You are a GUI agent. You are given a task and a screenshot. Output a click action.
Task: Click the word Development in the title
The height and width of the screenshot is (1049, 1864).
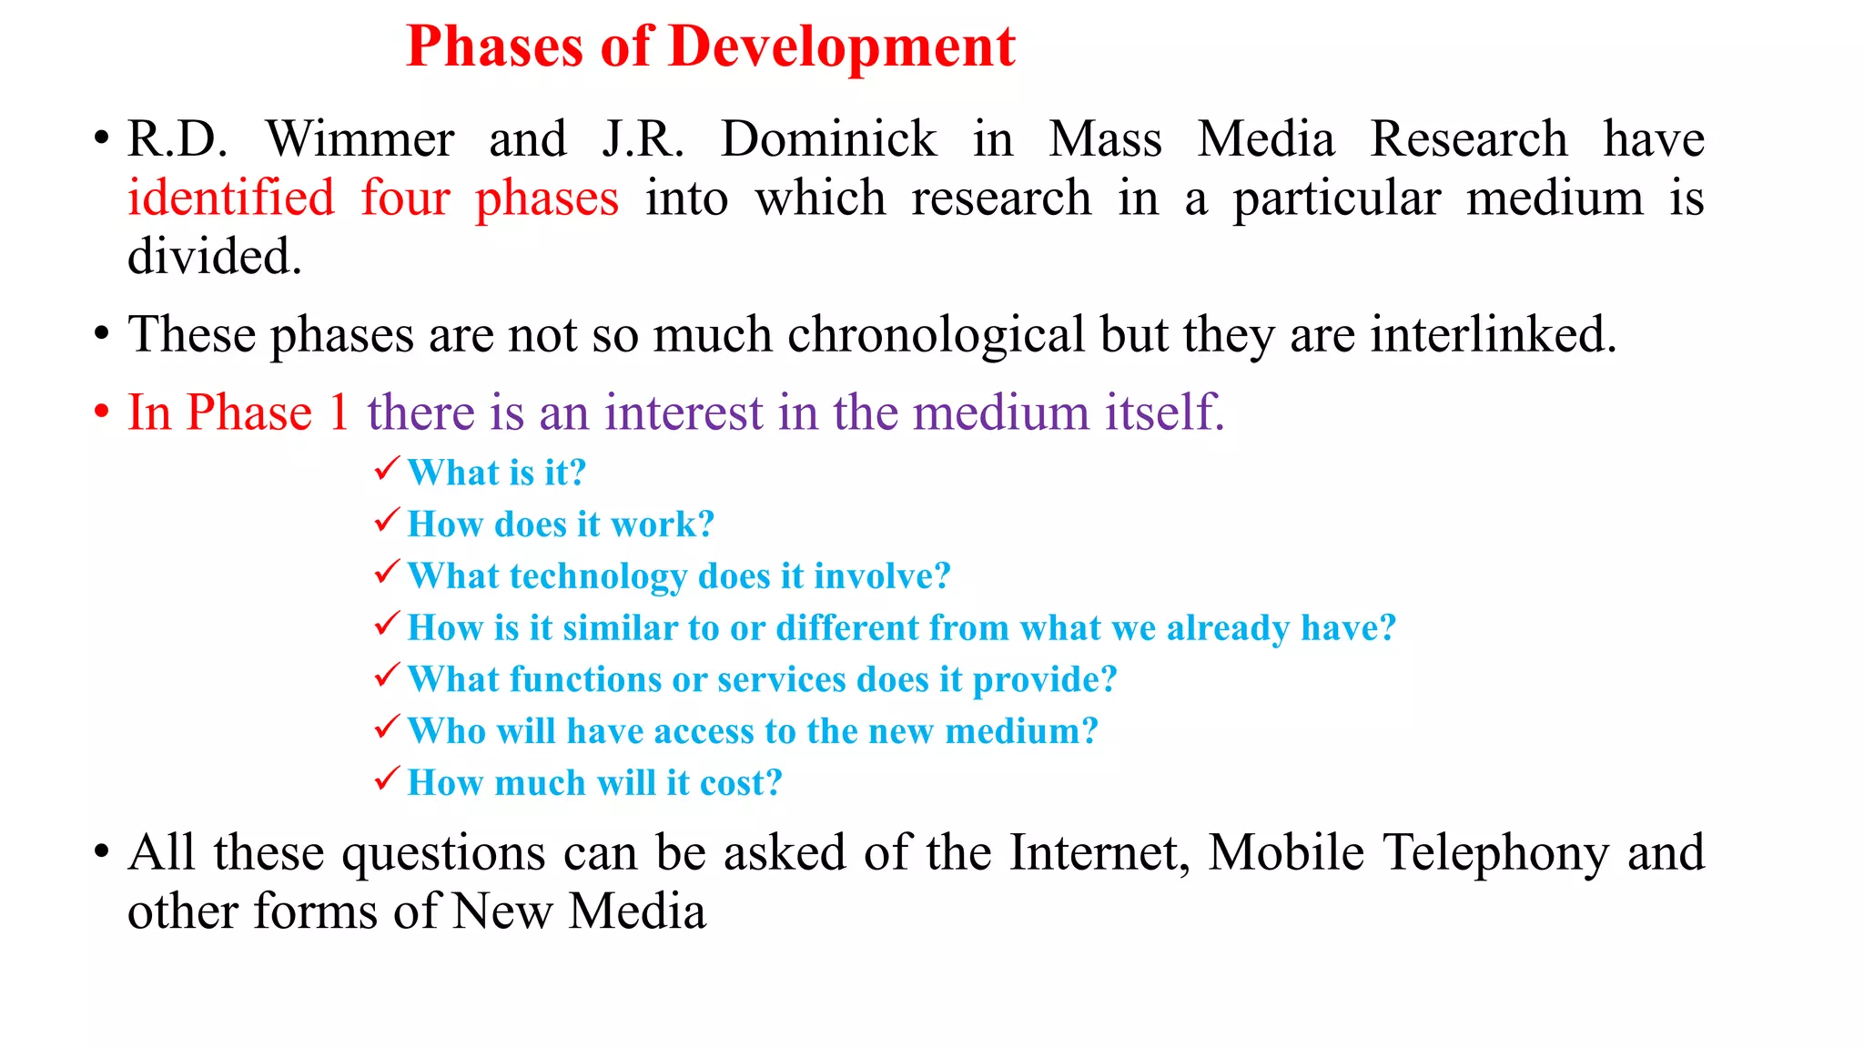click(841, 47)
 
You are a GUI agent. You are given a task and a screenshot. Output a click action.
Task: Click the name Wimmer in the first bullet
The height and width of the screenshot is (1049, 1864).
click(360, 140)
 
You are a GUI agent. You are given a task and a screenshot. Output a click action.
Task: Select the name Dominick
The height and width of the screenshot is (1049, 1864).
click(828, 140)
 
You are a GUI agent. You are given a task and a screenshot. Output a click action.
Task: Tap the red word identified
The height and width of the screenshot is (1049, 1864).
click(231, 199)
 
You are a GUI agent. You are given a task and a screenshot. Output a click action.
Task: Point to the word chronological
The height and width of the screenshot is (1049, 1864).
click(936, 335)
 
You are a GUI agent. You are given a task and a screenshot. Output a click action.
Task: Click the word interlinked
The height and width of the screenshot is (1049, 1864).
click(1493, 335)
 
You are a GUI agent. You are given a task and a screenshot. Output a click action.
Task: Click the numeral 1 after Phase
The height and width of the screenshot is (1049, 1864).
click(339, 412)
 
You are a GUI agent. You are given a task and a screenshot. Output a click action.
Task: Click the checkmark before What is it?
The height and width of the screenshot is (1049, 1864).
click(387, 470)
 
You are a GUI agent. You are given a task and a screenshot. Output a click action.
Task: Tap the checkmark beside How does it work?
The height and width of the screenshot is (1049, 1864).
click(387, 522)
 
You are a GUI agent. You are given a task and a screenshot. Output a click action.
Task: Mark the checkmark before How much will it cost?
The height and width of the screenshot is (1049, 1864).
click(387, 780)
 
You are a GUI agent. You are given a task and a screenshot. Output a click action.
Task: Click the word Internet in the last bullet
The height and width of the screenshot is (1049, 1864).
click(1099, 854)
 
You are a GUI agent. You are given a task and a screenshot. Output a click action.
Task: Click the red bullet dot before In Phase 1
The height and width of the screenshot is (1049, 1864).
click(101, 412)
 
